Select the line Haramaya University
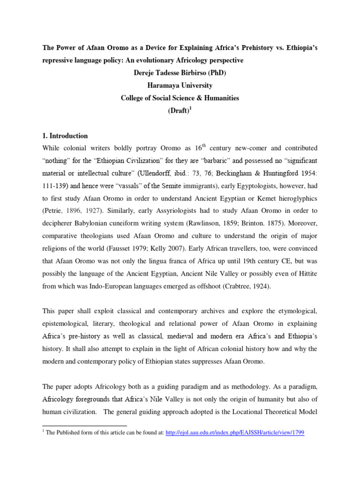(180, 85)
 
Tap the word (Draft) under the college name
(179, 110)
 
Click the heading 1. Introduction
(65, 136)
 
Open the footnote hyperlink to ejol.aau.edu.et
(235, 433)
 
